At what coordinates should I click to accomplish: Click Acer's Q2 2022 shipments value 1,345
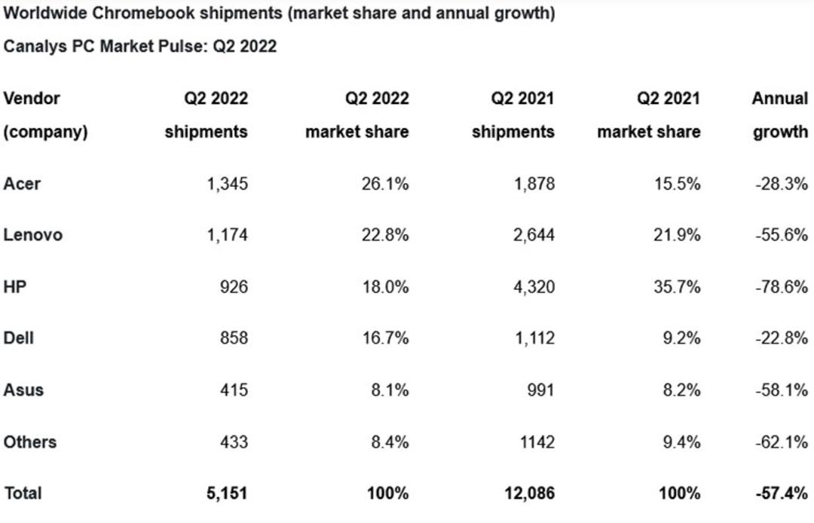[x=228, y=184]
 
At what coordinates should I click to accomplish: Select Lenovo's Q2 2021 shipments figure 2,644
[x=534, y=235]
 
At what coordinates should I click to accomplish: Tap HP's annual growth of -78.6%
[x=782, y=286]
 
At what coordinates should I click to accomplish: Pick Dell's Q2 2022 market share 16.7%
[x=385, y=338]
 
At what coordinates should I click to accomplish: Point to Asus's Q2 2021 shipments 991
[x=540, y=390]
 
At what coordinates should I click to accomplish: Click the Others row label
[x=30, y=442]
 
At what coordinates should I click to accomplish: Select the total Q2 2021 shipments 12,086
[x=530, y=493]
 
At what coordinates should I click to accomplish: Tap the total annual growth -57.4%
[x=782, y=493]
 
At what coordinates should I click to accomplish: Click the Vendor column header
[x=32, y=98]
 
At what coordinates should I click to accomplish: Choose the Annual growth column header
[x=780, y=115]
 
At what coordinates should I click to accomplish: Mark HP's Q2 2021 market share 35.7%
[x=677, y=286]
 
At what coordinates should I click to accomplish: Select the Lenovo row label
[x=32, y=235]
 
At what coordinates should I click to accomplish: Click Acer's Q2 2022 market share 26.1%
[x=385, y=184]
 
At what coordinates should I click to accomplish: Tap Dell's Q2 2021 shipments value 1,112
[x=534, y=338]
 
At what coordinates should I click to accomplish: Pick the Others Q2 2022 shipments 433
[x=234, y=442]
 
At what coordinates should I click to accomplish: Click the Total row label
[x=23, y=493]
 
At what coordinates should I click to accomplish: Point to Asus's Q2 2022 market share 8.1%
[x=390, y=390]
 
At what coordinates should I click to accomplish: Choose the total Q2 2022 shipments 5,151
[x=227, y=493]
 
